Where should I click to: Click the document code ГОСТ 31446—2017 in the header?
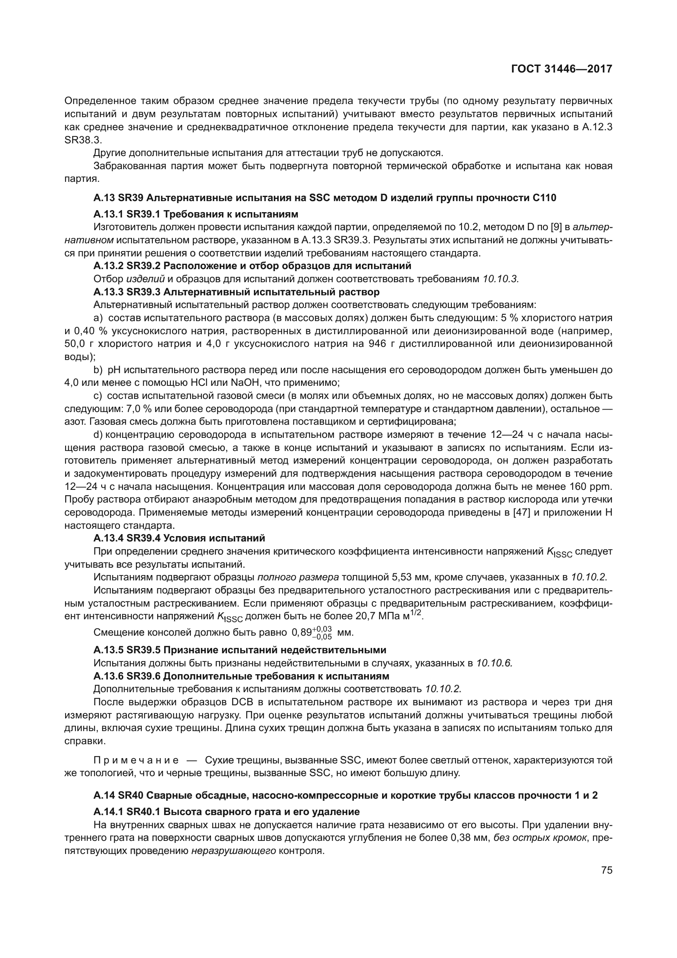562,69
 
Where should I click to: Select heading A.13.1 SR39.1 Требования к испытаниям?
196,215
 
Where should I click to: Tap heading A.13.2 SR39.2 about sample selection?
252,266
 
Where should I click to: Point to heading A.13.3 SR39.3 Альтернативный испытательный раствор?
236,292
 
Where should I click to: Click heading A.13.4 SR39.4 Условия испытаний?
179,538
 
